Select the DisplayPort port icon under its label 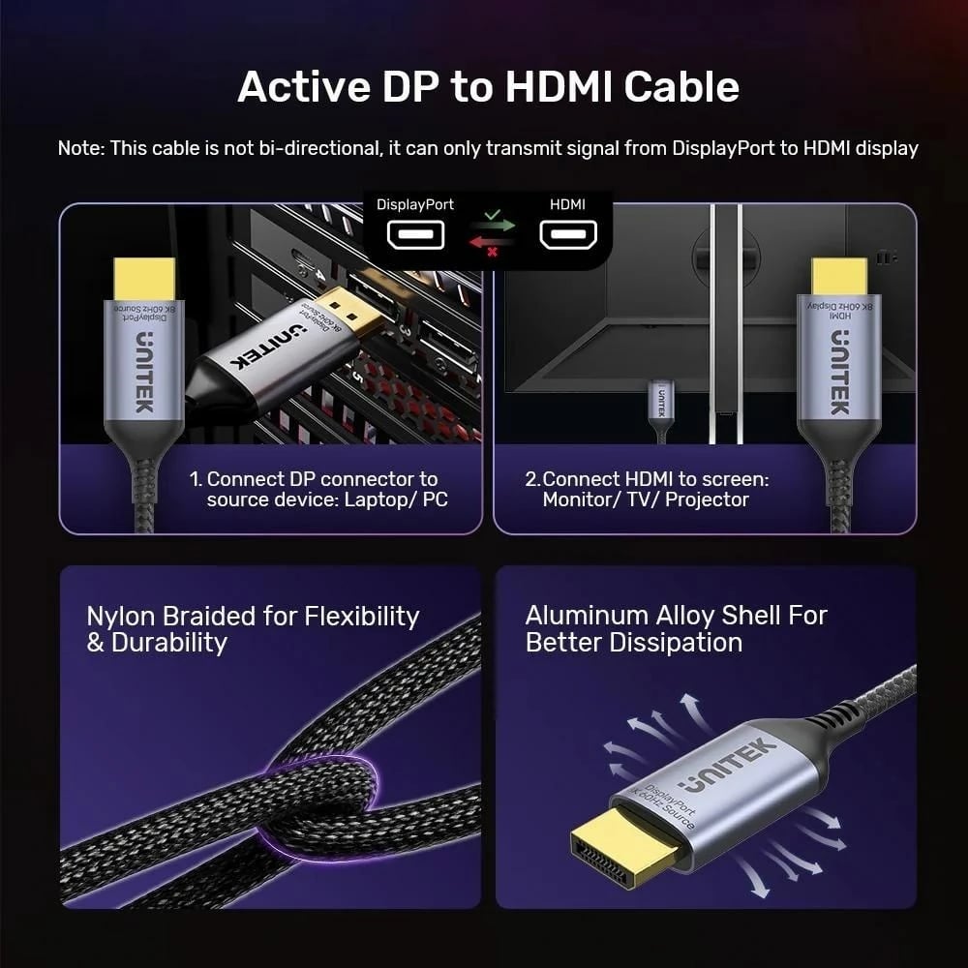point(415,235)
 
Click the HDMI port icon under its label point(567,235)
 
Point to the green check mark point(493,212)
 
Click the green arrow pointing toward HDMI point(493,226)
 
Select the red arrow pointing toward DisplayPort point(493,240)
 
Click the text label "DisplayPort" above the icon point(414,205)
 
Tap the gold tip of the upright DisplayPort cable point(144,279)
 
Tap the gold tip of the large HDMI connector point(838,277)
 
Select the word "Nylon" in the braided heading point(123,617)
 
